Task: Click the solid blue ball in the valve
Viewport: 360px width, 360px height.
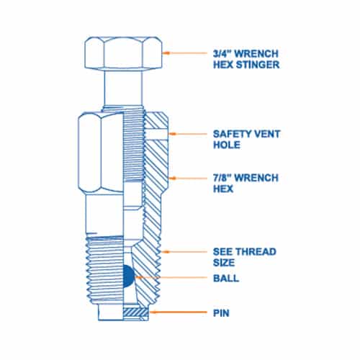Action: coord(128,276)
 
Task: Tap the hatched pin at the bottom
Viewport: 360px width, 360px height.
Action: coord(135,312)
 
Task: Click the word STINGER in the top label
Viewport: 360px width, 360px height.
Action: coord(257,65)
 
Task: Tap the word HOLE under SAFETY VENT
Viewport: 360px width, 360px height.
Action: coord(227,145)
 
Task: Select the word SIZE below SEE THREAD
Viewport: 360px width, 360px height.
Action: coord(224,262)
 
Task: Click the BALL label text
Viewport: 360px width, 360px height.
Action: coord(226,278)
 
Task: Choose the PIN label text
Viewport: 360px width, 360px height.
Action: coord(221,313)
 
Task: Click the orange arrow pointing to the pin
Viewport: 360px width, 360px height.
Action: coord(178,312)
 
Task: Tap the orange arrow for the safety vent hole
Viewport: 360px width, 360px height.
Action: coord(188,134)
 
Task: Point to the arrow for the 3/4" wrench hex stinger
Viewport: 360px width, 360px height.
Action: coord(185,53)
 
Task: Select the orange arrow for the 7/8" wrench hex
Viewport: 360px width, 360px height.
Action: coord(188,178)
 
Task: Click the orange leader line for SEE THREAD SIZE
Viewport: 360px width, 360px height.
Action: coord(184,252)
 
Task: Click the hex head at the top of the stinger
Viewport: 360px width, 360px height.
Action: coord(123,53)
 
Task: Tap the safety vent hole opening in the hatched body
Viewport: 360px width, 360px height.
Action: coord(156,134)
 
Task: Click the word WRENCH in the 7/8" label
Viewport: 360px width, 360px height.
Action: coord(256,178)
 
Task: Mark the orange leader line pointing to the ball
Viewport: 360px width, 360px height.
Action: coord(171,277)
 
